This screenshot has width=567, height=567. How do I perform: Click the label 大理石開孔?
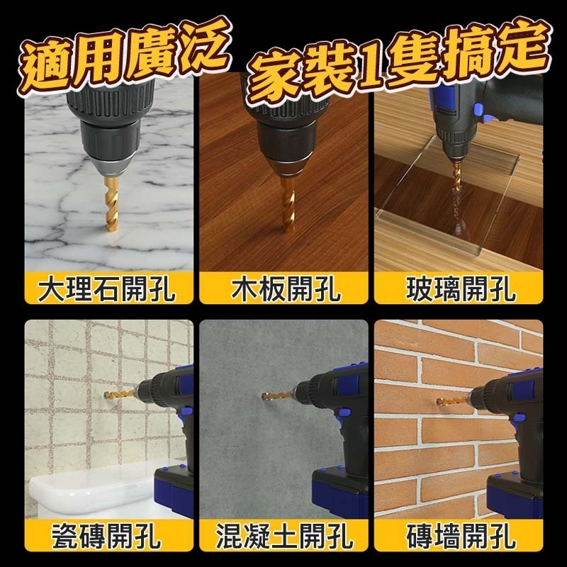click(x=107, y=289)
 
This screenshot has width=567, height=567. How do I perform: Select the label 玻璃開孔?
click(x=461, y=289)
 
